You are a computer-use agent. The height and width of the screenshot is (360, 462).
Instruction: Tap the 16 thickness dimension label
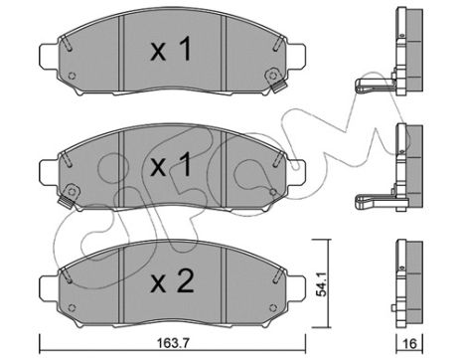[x=410, y=344]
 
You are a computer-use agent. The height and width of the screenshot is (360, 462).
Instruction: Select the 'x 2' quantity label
[x=171, y=281]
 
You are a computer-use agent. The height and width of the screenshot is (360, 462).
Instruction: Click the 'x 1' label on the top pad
[x=171, y=49]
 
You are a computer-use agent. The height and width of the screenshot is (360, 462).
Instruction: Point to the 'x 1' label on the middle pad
[x=171, y=164]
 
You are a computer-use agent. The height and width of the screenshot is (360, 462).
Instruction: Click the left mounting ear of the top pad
[x=49, y=56]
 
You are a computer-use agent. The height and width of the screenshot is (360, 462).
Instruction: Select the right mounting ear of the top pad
[x=296, y=56]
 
